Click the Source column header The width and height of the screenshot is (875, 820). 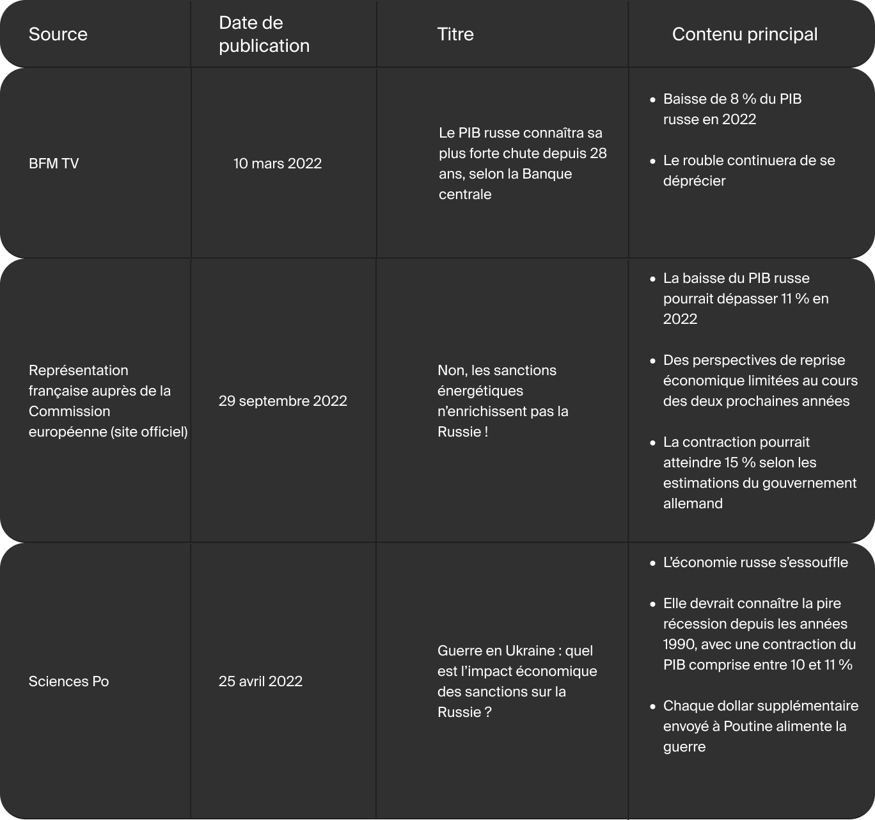(58, 34)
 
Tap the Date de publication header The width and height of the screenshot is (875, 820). (264, 34)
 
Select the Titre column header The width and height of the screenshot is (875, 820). (455, 34)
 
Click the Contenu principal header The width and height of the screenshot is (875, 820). (745, 34)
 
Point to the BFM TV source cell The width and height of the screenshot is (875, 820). (54, 163)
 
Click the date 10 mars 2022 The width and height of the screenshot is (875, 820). (277, 163)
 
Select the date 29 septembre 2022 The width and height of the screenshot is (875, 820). (283, 401)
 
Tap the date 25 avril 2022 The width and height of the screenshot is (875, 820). (260, 681)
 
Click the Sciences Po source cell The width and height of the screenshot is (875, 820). (68, 681)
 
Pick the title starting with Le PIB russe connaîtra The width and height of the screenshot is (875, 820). (522, 163)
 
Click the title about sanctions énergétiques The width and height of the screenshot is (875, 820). (503, 401)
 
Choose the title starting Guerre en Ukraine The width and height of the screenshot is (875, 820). (517, 681)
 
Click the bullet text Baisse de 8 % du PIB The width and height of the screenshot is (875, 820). (732, 109)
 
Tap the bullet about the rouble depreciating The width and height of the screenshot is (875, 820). (748, 170)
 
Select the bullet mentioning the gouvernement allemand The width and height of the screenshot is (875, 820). (759, 472)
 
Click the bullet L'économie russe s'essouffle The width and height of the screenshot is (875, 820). (755, 562)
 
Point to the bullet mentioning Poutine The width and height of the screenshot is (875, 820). (760, 726)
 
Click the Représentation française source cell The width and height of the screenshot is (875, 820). (107, 401)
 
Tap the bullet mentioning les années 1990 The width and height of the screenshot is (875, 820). (759, 634)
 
